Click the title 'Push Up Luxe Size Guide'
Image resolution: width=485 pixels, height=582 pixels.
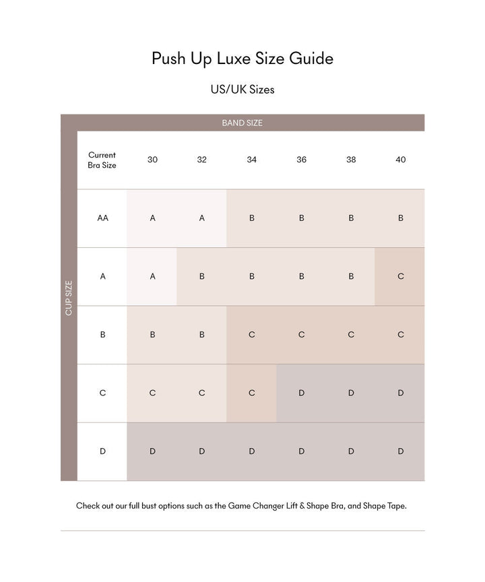point(243,59)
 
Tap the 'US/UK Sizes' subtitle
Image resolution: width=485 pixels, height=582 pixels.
point(243,90)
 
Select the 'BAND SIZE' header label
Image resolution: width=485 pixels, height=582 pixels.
point(243,123)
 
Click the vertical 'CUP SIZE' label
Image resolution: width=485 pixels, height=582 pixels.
point(69,297)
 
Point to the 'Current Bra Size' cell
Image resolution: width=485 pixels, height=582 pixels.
point(102,160)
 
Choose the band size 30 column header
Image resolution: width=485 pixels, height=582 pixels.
point(152,160)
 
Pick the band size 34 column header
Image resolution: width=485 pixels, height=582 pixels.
point(251,160)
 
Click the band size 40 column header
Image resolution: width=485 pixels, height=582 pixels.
point(401,160)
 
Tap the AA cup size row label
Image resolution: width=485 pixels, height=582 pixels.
point(102,218)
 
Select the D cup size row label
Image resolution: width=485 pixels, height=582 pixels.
point(102,451)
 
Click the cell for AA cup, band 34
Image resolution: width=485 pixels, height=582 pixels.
point(251,218)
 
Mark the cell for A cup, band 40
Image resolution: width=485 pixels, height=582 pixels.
point(401,276)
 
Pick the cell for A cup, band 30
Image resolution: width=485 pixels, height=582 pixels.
point(152,276)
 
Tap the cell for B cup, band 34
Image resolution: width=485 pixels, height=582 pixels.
point(251,335)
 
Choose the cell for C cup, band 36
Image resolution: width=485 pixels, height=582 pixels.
point(301,393)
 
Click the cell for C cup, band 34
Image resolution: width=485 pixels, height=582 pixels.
point(251,393)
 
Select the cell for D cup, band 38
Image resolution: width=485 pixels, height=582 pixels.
point(351,451)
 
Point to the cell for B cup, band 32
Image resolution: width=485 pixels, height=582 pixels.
point(202,335)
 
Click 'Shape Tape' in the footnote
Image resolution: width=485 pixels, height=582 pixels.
point(385,505)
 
